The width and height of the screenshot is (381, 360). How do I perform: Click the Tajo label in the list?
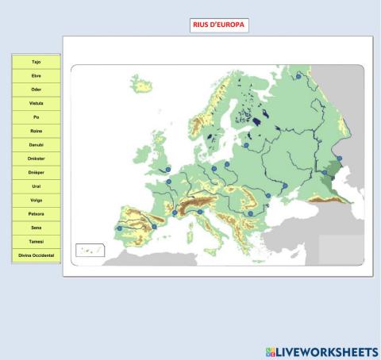(36, 61)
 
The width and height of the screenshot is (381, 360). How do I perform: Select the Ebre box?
(36, 75)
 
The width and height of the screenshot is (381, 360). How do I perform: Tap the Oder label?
(36, 89)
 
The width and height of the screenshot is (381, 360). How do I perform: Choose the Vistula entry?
(36, 103)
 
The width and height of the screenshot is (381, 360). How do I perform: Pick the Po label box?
(36, 117)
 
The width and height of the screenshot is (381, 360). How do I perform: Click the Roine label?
(36, 131)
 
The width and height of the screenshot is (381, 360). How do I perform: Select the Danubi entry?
(36, 144)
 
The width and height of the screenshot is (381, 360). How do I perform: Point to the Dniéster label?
(36, 159)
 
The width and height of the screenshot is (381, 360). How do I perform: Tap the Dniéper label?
(36, 172)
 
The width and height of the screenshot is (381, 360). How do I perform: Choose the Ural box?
(36, 186)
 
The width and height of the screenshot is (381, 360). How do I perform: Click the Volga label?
(36, 200)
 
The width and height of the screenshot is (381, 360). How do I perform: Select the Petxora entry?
(36, 214)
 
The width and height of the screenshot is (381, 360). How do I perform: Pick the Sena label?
(36, 228)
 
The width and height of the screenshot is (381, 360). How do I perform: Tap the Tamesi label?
(36, 242)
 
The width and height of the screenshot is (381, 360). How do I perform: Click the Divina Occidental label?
(36, 255)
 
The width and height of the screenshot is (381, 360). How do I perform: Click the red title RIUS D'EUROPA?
(219, 25)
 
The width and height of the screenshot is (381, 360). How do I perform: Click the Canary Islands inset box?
(90, 250)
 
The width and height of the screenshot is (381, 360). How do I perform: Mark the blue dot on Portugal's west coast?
(120, 228)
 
